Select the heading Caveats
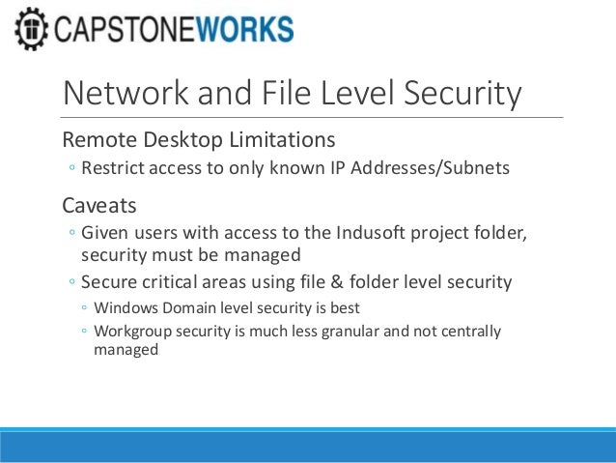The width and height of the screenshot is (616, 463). click(99, 205)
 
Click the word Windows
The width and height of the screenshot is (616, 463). click(126, 308)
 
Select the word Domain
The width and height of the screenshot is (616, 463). click(190, 308)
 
